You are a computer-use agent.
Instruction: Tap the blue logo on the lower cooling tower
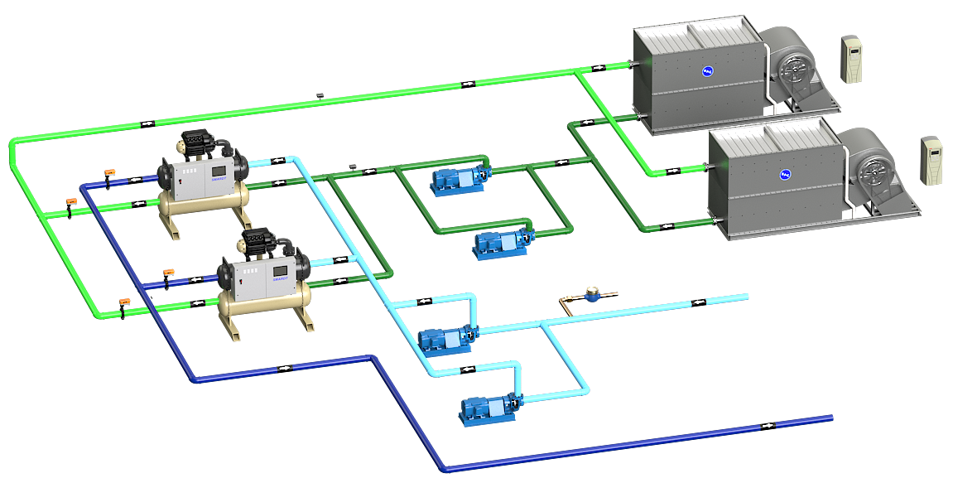783,175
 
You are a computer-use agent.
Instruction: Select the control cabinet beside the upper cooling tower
851,59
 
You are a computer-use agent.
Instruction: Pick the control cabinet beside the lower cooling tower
932,162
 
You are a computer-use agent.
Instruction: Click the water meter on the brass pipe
592,293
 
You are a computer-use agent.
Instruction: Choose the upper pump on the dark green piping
456,180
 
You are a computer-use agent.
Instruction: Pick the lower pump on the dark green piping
500,244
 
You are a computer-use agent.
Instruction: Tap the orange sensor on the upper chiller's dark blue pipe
109,172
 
